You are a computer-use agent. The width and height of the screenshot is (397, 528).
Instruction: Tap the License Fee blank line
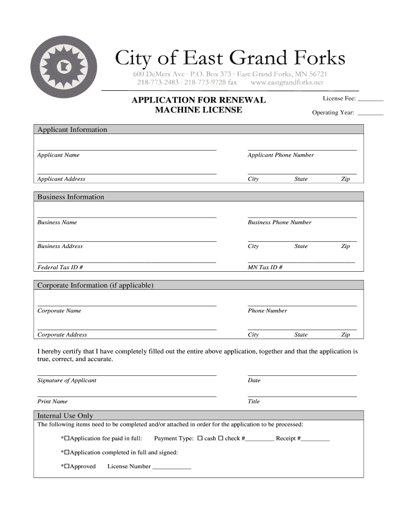pos(370,99)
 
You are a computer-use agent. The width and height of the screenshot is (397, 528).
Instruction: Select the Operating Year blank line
pos(370,113)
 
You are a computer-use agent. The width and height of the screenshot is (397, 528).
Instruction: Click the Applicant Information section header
pos(72,129)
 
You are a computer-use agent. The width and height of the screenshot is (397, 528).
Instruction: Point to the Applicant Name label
pos(58,155)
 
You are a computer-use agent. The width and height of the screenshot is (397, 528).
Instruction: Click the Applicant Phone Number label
pos(280,155)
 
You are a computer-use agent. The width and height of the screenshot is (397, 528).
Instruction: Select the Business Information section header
pos(71,197)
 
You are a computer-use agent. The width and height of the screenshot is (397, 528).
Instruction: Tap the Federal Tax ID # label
pos(60,268)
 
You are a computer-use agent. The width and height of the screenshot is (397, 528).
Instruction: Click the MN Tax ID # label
pos(264,268)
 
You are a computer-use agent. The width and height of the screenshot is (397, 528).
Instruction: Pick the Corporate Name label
pos(59,311)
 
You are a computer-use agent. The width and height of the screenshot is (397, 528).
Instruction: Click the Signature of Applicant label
pos(67,381)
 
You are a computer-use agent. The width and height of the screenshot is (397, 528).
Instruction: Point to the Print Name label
pos(52,402)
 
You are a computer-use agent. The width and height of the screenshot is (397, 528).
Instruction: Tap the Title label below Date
pos(254,402)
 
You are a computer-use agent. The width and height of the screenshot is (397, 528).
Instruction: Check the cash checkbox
pos(200,439)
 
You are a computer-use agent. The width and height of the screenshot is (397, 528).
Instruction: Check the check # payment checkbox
pos(220,439)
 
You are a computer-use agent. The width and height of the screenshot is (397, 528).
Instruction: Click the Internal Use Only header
pos(65,416)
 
